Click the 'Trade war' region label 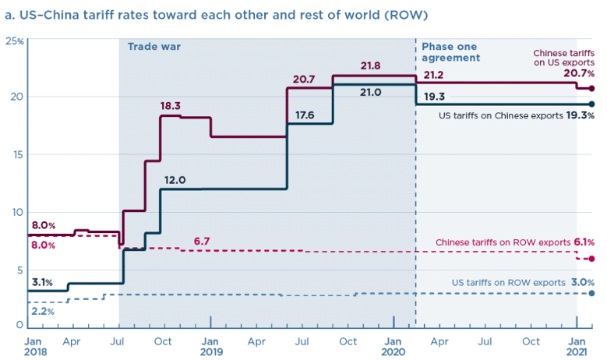pos(154,47)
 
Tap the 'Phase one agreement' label pos(450,52)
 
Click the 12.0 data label pos(175,179)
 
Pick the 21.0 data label pos(370,92)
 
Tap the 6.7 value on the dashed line pos(201,241)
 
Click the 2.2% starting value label pos(44,312)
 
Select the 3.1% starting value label pos(43,281)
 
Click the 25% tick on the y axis pos(14,40)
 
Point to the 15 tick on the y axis pos(16,154)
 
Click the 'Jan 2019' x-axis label pos(210,346)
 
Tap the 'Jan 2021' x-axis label pos(577,346)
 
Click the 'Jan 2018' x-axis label pos(34,346)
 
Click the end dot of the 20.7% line pos(592,88)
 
